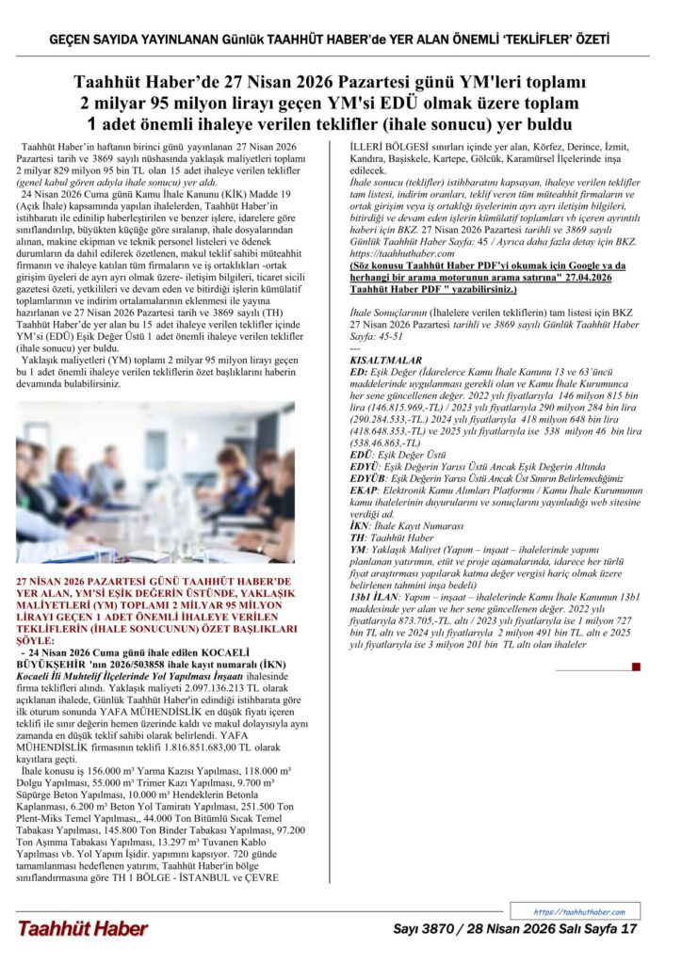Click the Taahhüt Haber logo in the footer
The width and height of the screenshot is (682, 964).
pyautogui.click(x=82, y=929)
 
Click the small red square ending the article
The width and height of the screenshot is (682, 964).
pyautogui.click(x=636, y=667)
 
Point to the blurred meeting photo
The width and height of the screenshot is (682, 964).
pyautogui.click(x=155, y=497)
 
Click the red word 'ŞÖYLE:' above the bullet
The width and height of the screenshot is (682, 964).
pyautogui.click(x=39, y=637)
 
